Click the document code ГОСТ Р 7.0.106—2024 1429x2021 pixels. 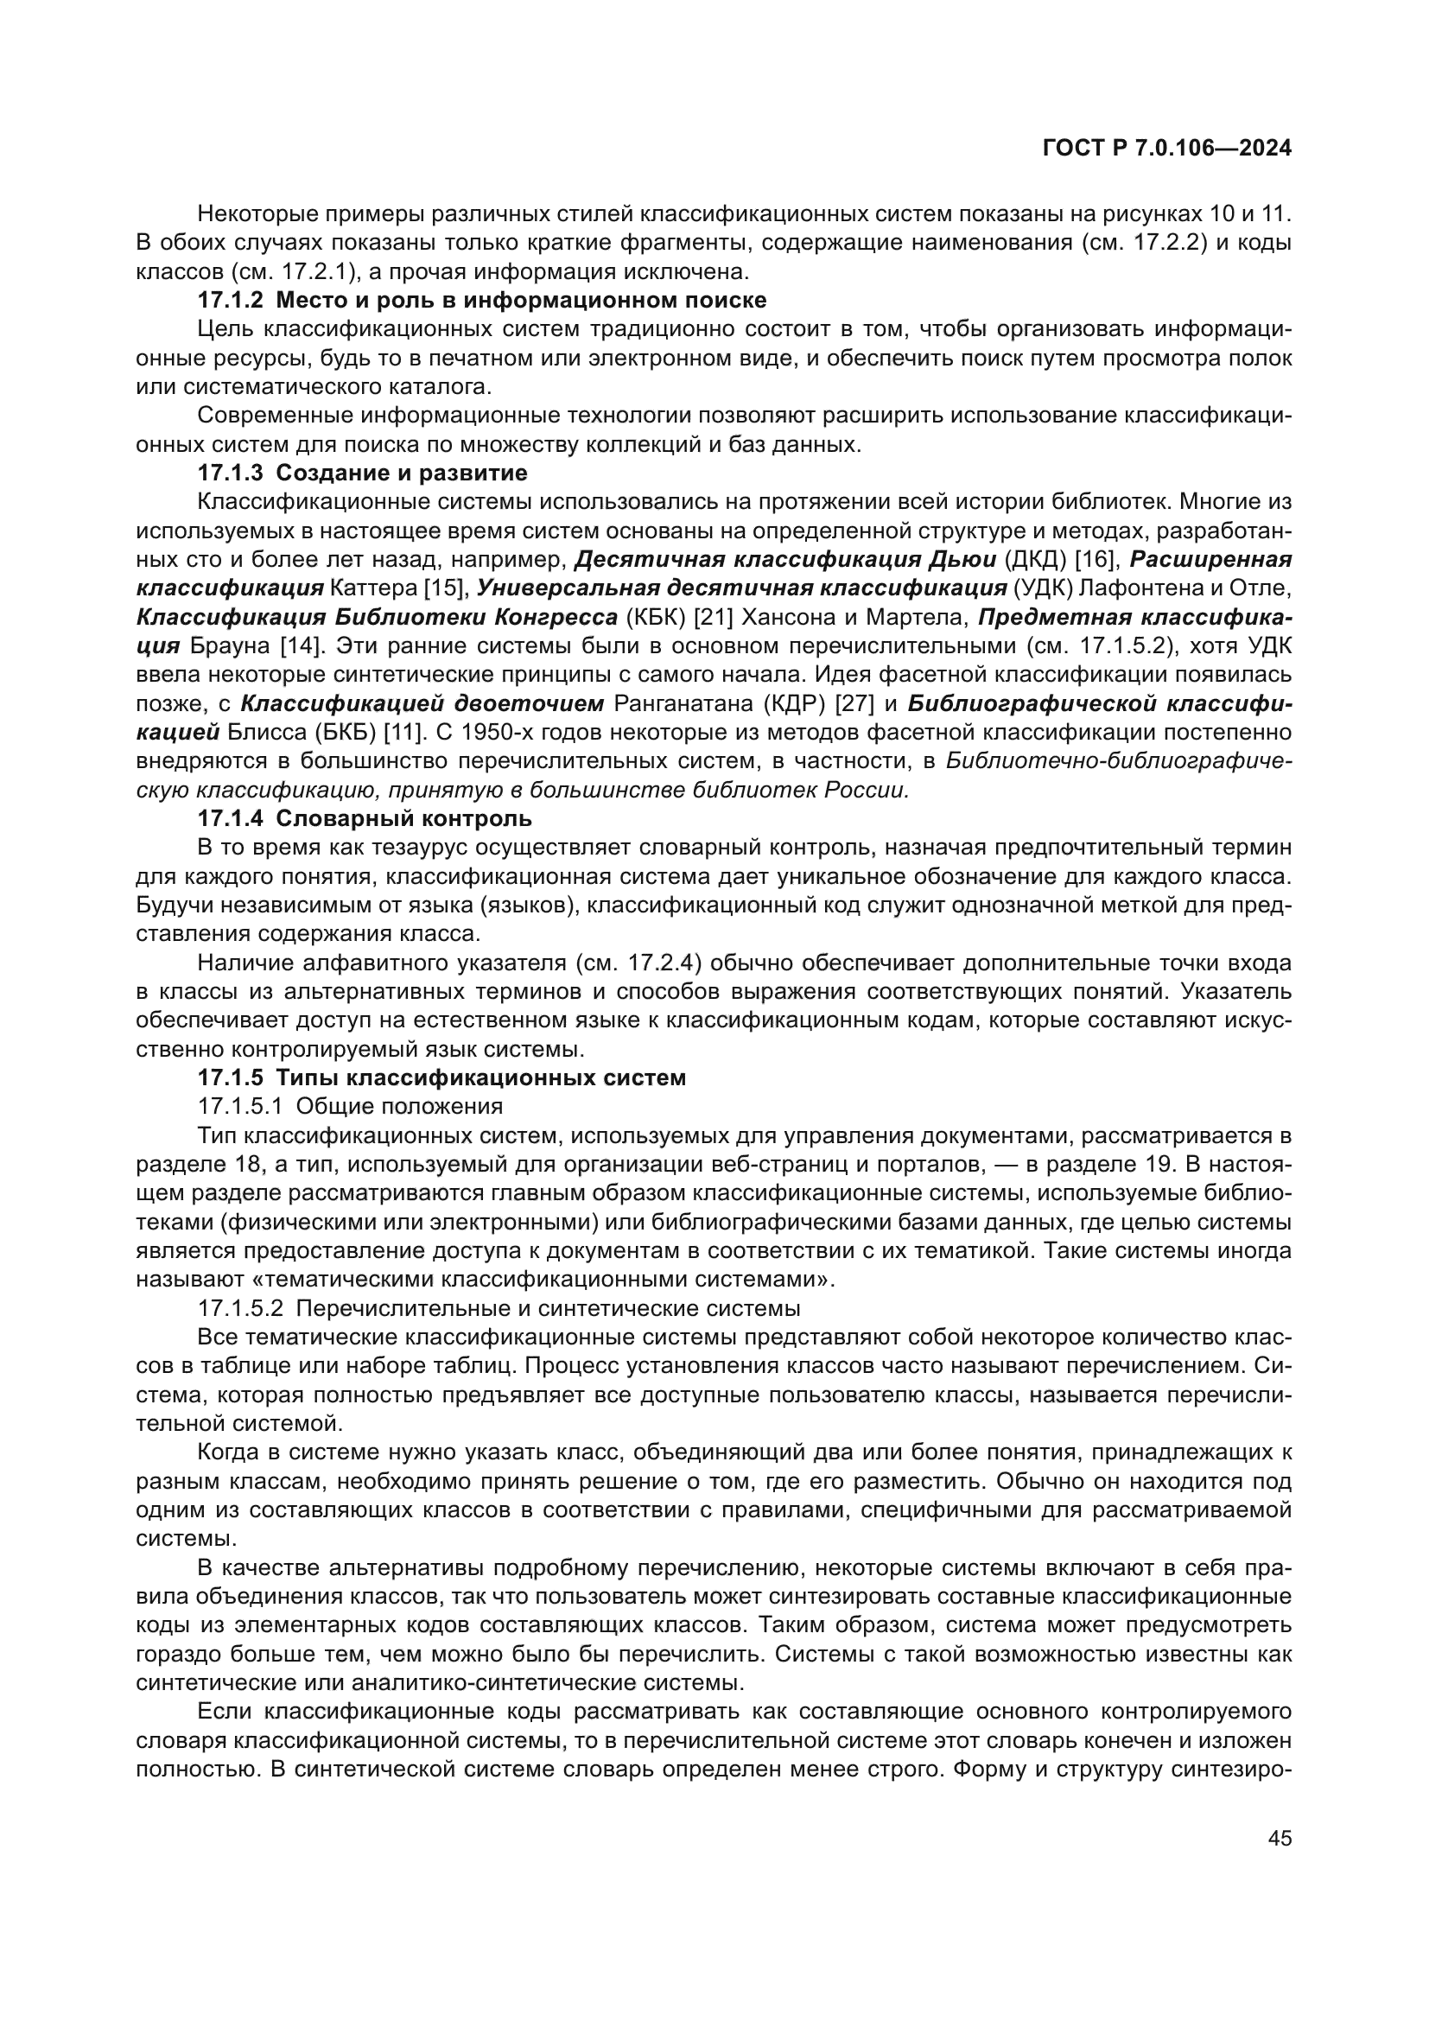point(1166,149)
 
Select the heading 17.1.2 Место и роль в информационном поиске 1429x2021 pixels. point(481,300)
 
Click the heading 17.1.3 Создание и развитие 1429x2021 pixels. point(362,473)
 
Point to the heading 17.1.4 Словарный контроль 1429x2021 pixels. point(365,818)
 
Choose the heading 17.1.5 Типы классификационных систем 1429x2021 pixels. point(441,1077)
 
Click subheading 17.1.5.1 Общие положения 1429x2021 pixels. point(350,1107)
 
